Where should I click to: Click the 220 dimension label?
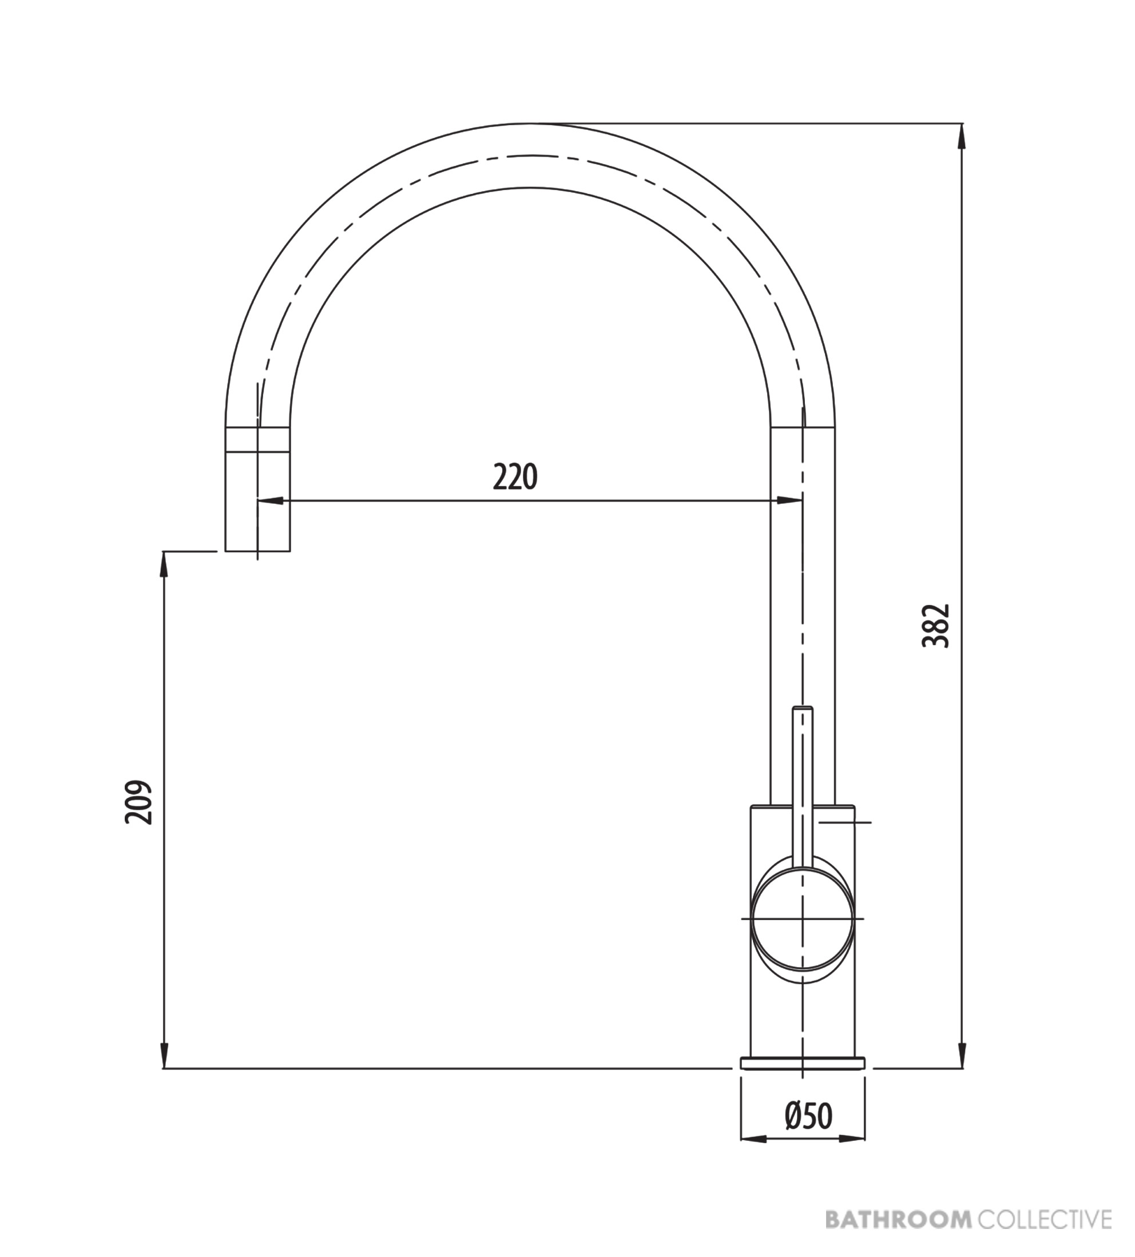tap(515, 478)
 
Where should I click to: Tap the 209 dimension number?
tap(138, 802)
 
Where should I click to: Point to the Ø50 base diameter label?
tap(808, 1117)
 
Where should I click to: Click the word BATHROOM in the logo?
tap(899, 1218)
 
